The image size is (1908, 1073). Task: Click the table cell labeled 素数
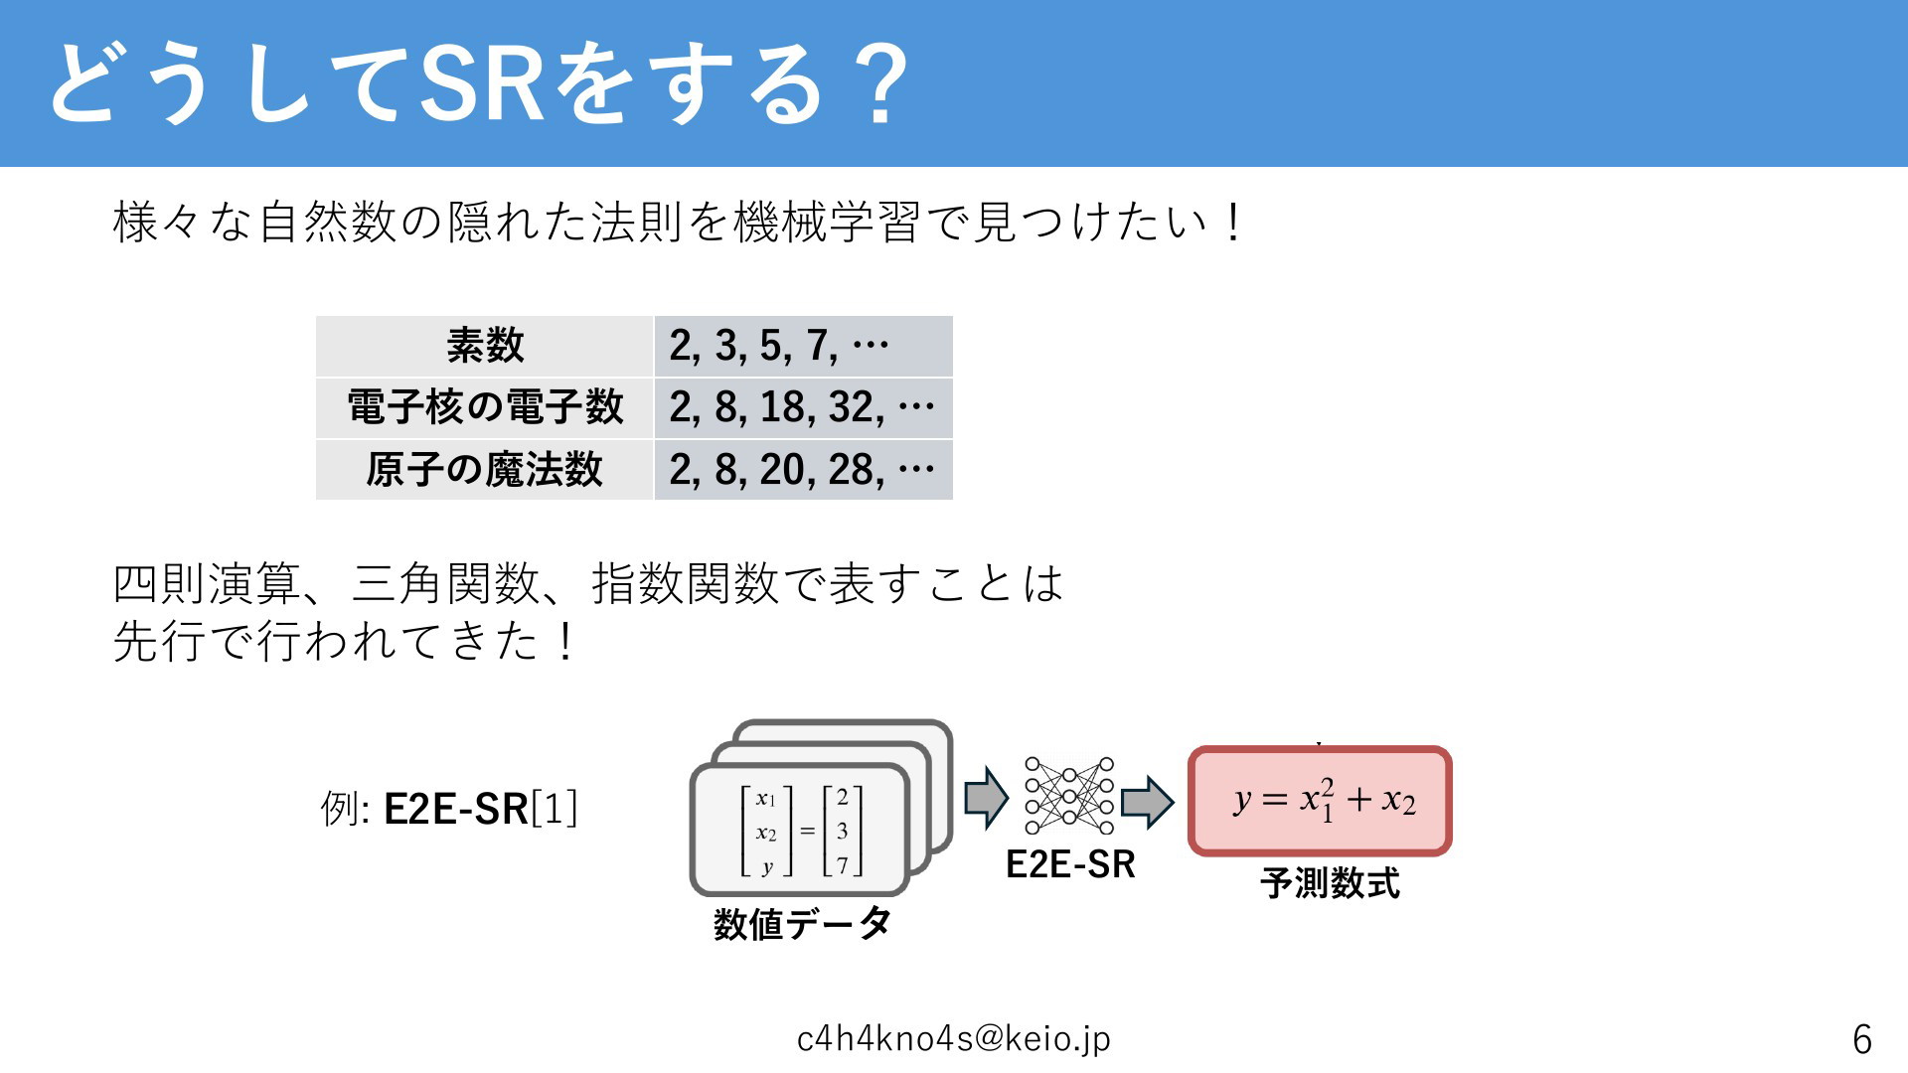[485, 346]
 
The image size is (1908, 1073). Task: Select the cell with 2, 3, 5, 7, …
[804, 346]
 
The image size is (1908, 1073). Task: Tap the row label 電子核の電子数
[485, 407]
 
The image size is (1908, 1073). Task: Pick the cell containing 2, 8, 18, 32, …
[804, 407]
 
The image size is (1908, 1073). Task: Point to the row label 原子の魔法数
[485, 469]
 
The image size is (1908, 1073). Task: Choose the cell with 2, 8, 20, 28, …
[804, 469]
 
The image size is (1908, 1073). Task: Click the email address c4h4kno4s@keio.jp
[954, 1038]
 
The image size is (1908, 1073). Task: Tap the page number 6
[1862, 1039]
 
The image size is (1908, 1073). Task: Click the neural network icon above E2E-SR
[1069, 796]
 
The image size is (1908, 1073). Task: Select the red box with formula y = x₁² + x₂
[1321, 801]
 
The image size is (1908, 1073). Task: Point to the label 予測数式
[1331, 882]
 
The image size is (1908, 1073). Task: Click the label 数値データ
[802, 924]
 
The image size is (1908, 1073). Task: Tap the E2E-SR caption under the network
[1070, 864]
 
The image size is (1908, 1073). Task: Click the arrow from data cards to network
[987, 798]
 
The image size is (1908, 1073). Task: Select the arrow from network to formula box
[1148, 802]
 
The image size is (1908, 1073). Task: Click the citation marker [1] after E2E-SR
[555, 809]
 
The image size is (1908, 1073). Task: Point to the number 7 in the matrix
[843, 865]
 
